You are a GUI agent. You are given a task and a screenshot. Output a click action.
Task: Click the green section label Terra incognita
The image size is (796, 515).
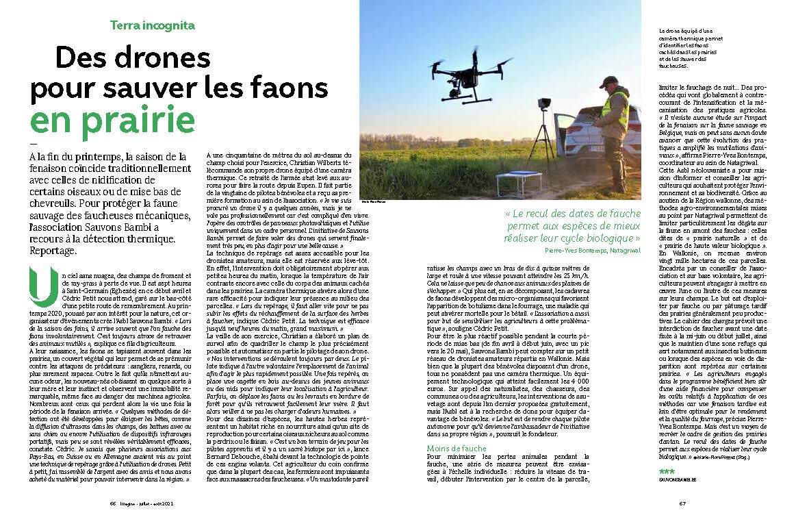point(153,25)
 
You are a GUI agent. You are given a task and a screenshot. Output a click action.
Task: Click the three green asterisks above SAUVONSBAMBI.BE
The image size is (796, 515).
point(666,473)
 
